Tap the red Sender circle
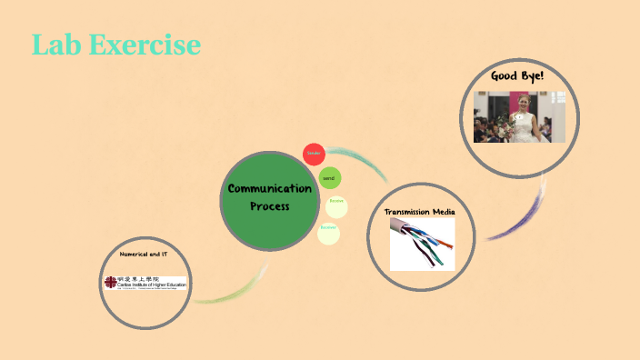(314, 154)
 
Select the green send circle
(329, 178)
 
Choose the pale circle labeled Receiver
(328, 234)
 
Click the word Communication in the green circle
(270, 189)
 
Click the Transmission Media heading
(419, 211)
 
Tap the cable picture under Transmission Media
(422, 244)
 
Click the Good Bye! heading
(517, 75)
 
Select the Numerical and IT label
(143, 254)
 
